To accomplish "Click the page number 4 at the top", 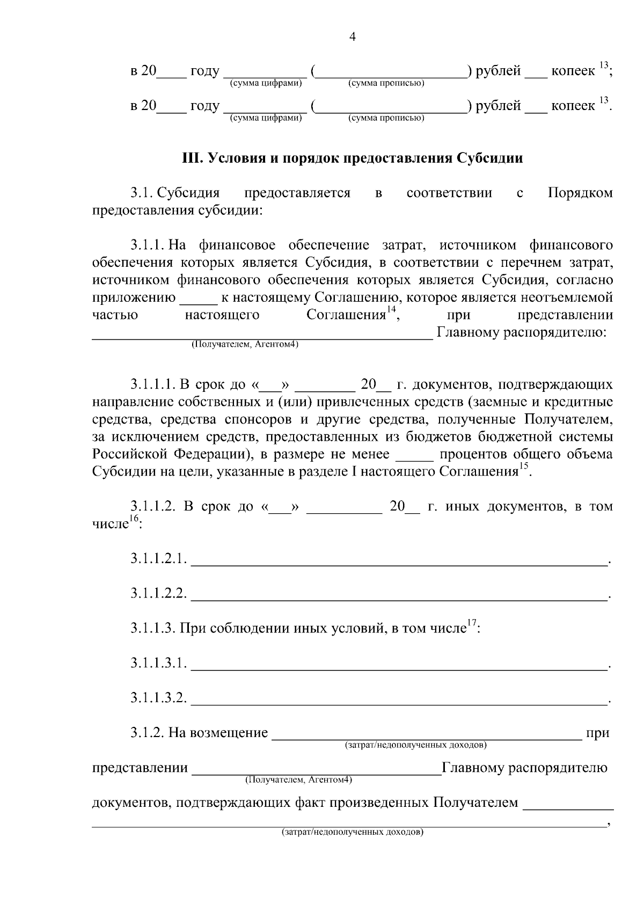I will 353,37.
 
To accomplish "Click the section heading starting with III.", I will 353,158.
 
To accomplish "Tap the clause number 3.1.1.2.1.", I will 158,559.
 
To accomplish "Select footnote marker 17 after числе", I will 472,623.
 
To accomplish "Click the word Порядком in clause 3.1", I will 580,193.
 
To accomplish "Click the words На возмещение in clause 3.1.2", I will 218,733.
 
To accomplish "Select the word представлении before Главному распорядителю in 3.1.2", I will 140,768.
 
